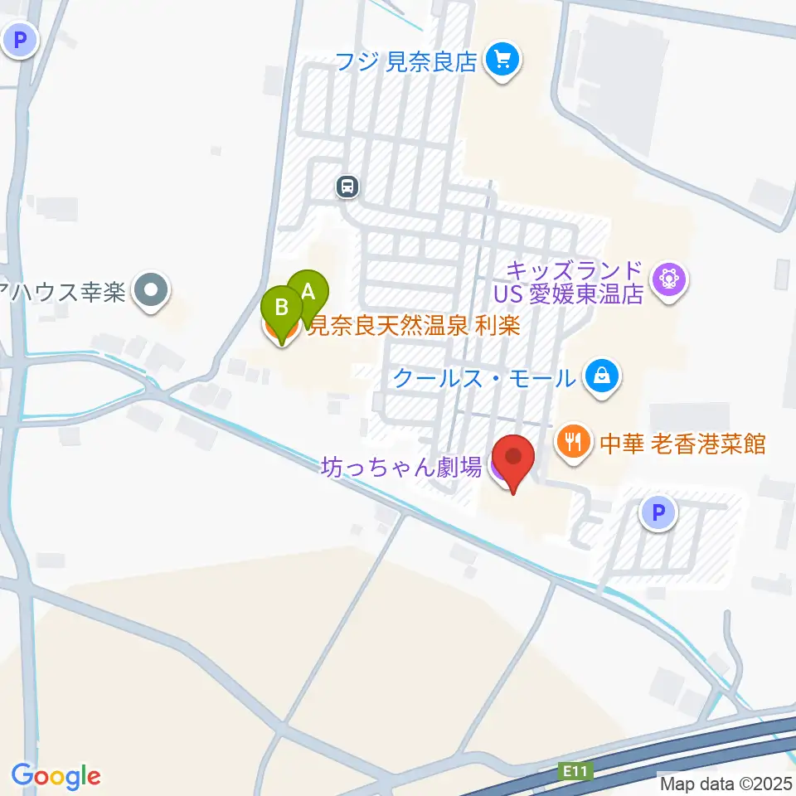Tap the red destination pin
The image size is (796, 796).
click(513, 459)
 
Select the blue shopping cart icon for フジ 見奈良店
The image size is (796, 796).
click(502, 60)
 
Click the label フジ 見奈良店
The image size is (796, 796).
click(406, 61)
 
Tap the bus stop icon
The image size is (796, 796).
click(348, 187)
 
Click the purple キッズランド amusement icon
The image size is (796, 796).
click(668, 279)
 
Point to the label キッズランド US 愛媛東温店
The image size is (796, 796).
click(575, 283)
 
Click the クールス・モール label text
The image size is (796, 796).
click(483, 378)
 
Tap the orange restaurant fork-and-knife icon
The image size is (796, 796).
click(573, 439)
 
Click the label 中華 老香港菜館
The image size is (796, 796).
click(682, 444)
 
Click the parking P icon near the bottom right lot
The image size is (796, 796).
click(658, 514)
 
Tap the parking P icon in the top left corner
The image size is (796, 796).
click(19, 38)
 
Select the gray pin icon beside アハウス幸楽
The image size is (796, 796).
click(151, 292)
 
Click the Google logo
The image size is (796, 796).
click(56, 776)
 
